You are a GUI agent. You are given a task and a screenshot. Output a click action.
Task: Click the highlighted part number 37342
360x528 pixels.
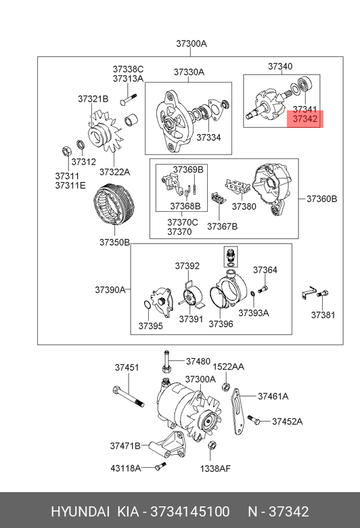[x=305, y=119]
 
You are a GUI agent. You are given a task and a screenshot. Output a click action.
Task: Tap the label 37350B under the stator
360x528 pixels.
[x=114, y=242]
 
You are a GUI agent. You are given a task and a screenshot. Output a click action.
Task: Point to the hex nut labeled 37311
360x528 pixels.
[x=66, y=151]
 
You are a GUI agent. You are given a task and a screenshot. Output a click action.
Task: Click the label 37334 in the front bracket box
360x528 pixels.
[x=208, y=137]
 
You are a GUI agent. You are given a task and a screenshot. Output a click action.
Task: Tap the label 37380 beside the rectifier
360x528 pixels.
[x=244, y=206]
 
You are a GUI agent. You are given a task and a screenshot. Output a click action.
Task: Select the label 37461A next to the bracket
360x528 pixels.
[x=273, y=396]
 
